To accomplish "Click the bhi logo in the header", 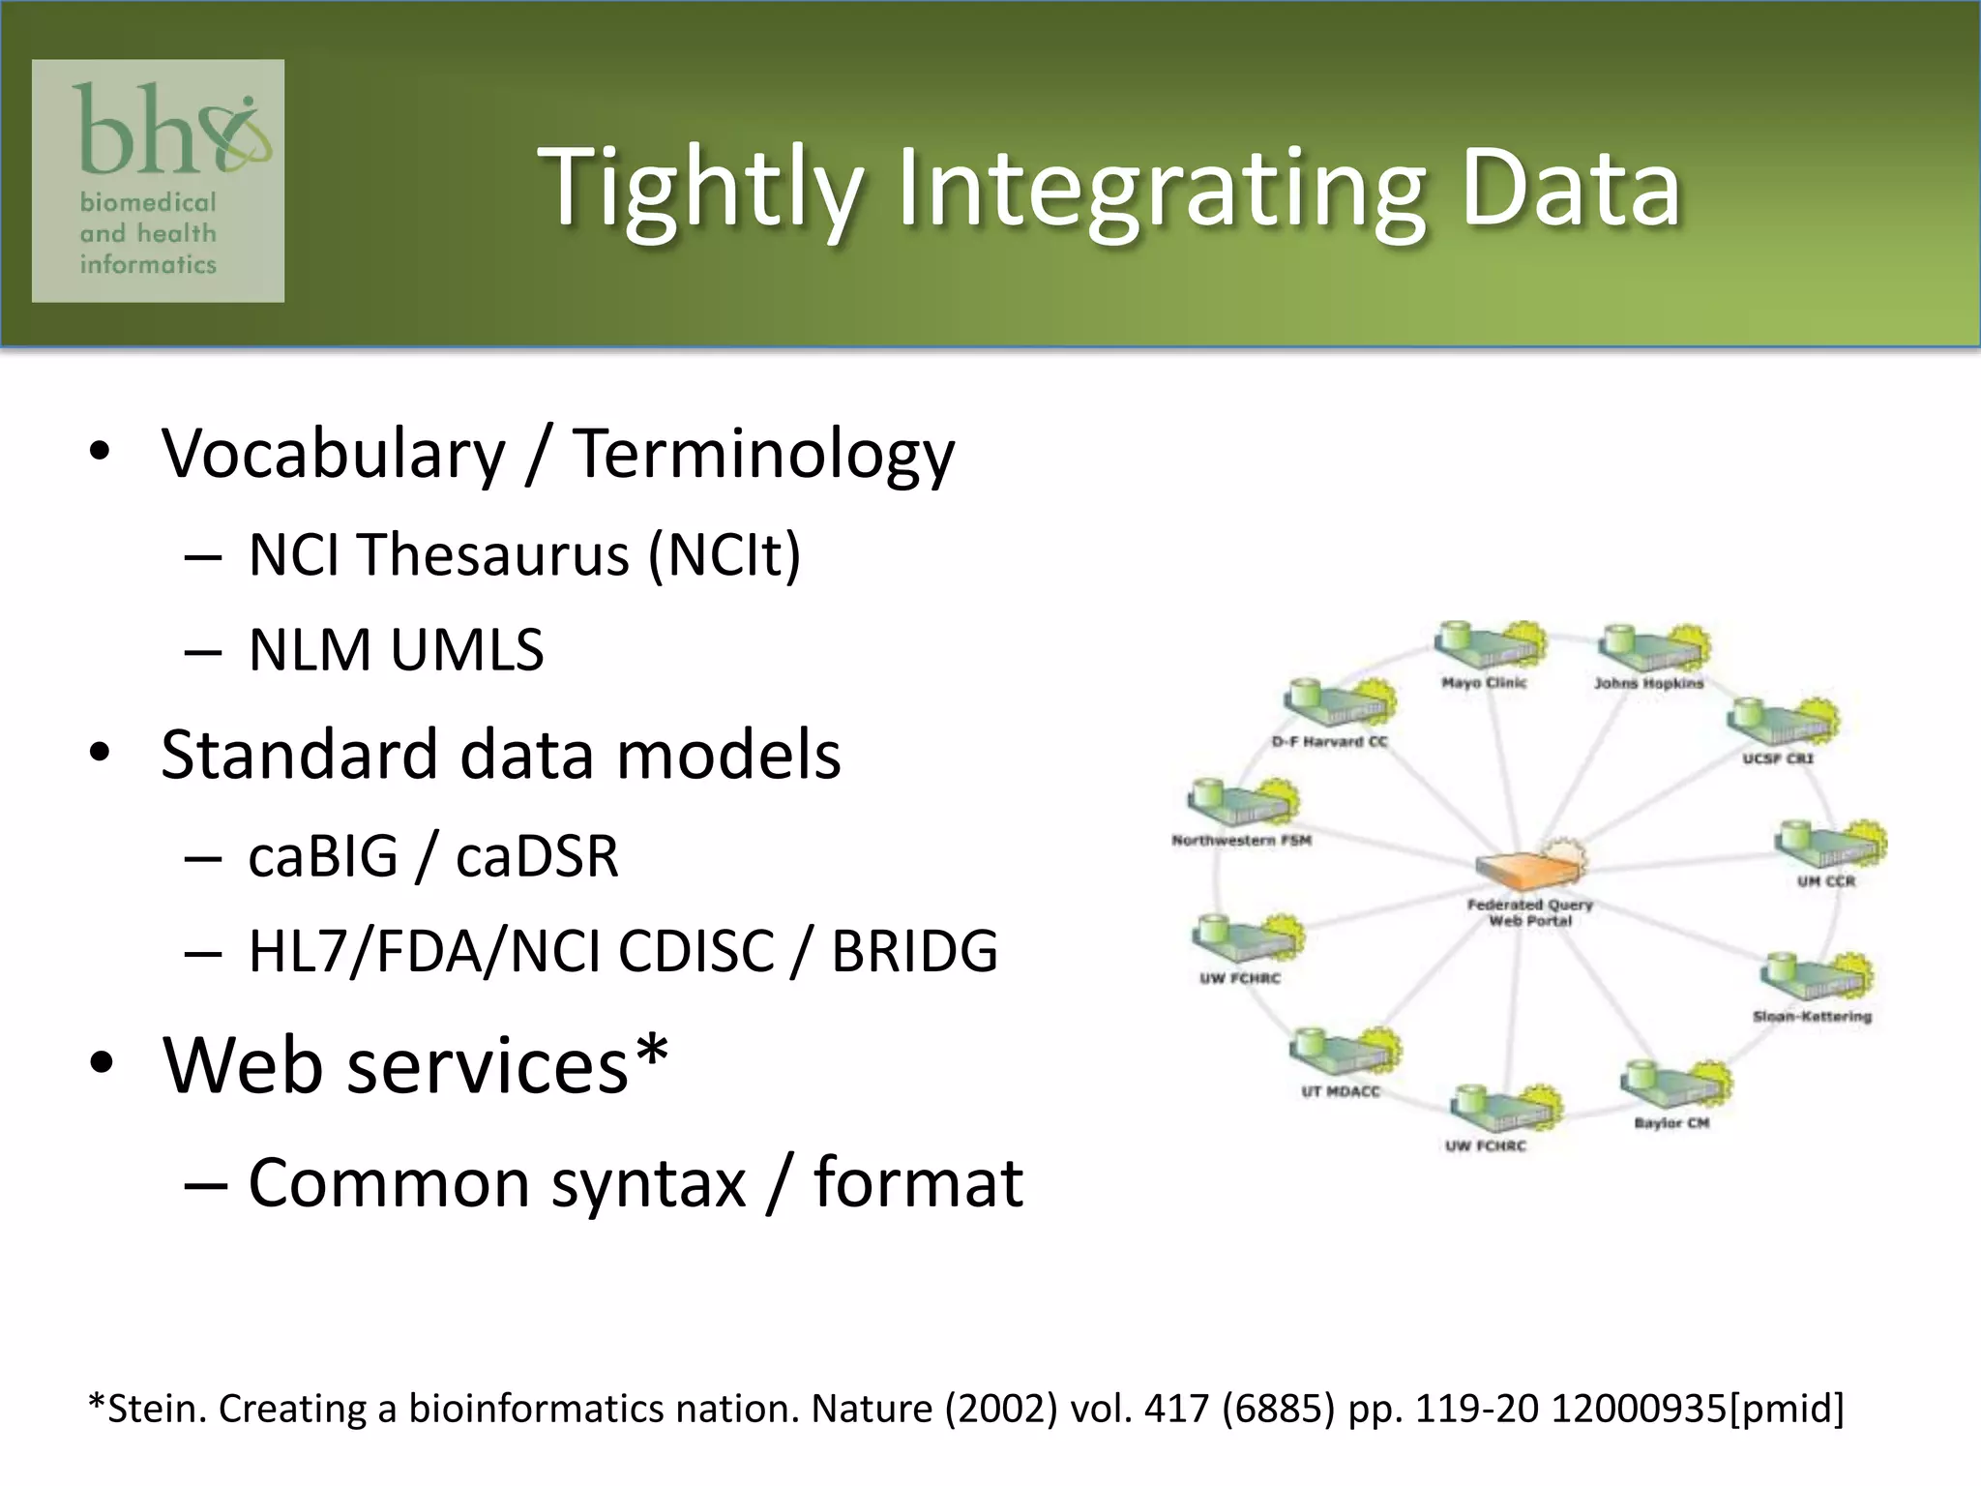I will coord(158,180).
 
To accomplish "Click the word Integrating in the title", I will coord(1161,190).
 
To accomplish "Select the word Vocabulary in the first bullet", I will coord(333,454).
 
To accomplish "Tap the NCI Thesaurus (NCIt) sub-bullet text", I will coord(524,555).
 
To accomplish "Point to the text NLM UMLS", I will coord(396,649).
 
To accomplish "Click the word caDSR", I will coord(537,857).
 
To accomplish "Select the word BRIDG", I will coord(914,951).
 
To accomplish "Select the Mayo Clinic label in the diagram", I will coord(1484,683).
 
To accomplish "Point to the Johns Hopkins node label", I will coord(1648,683).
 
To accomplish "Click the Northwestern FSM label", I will coord(1241,840).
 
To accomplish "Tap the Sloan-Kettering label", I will coord(1812,1017).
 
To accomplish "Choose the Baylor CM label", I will coord(1671,1123).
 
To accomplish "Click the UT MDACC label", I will coord(1341,1091).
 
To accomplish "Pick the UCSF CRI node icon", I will coord(1781,720).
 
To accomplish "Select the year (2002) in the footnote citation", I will coord(1001,1410).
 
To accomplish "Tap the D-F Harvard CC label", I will coord(1329,742).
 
